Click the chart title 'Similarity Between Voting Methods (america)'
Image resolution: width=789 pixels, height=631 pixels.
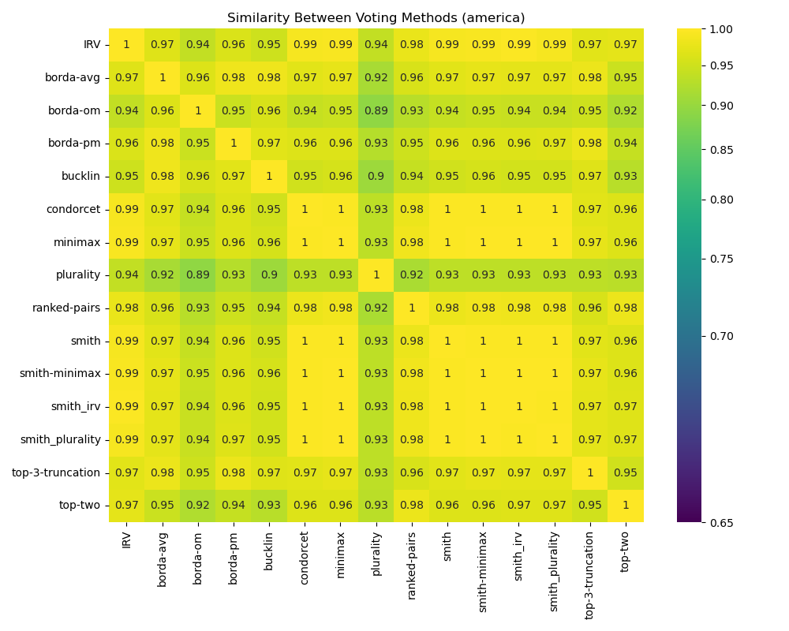pyautogui.click(x=376, y=17)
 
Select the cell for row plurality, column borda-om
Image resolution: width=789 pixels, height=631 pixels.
pyautogui.click(x=198, y=274)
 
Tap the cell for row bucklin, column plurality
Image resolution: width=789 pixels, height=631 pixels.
pyautogui.click(x=376, y=176)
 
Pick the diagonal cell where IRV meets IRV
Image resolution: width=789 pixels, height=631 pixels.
pyautogui.click(x=126, y=44)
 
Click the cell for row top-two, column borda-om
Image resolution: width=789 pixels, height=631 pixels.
pyautogui.click(x=198, y=505)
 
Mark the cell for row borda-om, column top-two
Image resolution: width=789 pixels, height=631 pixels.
pyautogui.click(x=626, y=110)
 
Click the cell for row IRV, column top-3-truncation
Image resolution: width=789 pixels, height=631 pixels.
pyautogui.click(x=589, y=44)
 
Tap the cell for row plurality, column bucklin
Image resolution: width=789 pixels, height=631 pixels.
pyautogui.click(x=269, y=274)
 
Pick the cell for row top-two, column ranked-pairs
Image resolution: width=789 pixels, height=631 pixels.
pyautogui.click(x=412, y=505)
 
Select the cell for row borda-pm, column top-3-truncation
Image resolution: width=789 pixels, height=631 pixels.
pyautogui.click(x=589, y=143)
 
